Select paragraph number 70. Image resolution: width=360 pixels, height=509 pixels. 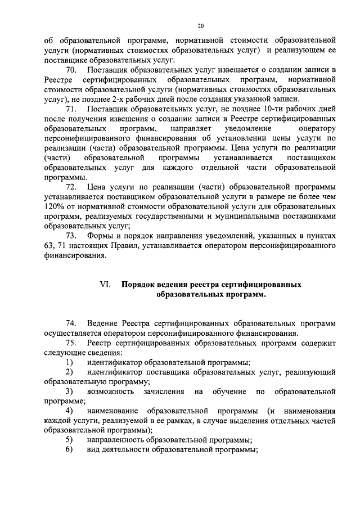(x=71, y=70)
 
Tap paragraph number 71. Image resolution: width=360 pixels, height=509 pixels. (x=71, y=108)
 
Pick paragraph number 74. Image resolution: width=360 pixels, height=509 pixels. (x=71, y=323)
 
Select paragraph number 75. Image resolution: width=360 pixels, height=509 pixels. (x=71, y=342)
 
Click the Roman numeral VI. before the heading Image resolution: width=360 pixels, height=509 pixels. (x=106, y=285)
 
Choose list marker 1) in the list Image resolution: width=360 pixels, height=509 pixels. (x=69, y=362)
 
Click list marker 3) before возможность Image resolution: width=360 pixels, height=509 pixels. (x=69, y=391)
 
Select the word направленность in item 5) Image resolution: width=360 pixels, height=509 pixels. (x=117, y=440)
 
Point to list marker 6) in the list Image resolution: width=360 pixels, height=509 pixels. (x=69, y=449)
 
